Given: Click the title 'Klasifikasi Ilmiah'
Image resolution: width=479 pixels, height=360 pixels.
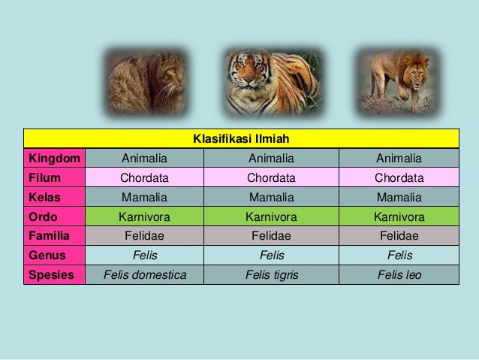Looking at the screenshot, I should [x=241, y=139].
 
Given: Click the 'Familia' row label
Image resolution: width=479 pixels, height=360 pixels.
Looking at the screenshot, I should [x=49, y=236].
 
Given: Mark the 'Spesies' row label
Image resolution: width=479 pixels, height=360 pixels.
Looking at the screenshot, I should [x=51, y=275].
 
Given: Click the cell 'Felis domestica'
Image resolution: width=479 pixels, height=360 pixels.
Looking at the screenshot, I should [x=145, y=275].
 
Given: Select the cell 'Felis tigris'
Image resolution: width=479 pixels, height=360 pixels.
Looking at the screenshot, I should [x=271, y=275].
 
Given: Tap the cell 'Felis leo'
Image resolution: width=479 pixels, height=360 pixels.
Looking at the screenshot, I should [x=399, y=275].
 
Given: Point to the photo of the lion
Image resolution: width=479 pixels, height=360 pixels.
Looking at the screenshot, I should [x=396, y=82].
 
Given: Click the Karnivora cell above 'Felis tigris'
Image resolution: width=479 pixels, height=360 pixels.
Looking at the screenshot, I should [x=271, y=217].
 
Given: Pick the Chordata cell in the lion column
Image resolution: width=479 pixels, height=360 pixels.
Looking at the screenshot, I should [x=399, y=178].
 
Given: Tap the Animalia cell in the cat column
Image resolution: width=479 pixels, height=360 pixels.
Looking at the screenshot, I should [x=145, y=158].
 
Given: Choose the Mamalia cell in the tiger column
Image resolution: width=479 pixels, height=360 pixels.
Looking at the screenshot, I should [x=271, y=197].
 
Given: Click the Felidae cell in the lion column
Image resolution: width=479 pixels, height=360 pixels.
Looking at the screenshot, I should [x=399, y=236].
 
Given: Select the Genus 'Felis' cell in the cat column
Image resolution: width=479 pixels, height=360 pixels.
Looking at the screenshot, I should [x=145, y=256].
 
